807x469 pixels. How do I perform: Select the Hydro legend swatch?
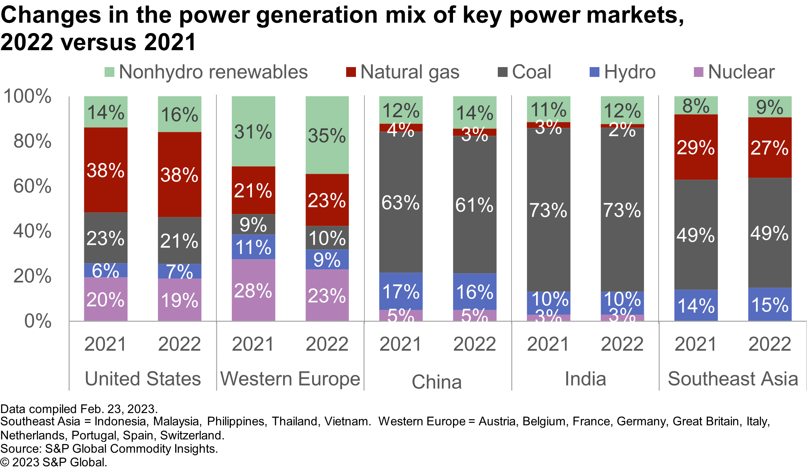pos(594,72)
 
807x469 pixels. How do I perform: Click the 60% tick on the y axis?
pos(32,187)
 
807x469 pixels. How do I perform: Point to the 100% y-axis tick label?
pos(27,97)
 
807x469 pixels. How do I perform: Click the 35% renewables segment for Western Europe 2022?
pos(327,135)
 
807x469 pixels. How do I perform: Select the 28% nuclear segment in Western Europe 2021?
pos(253,290)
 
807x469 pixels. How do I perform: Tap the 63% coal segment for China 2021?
pos(401,202)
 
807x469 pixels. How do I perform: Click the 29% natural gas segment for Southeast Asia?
pos(696,147)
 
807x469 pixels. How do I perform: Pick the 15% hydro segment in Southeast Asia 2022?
pos(770,304)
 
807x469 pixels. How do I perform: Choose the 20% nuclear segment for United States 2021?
pos(106,299)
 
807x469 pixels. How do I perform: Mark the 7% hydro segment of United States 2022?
pos(179,271)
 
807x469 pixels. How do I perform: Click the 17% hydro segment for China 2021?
pos(401,291)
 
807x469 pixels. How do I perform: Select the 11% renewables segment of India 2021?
pos(548,109)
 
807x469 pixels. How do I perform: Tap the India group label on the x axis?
pos(585,379)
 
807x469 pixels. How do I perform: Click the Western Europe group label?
pos(290,379)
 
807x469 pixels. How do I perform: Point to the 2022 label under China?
pos(475,344)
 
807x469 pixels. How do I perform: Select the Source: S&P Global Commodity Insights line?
pos(109,449)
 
